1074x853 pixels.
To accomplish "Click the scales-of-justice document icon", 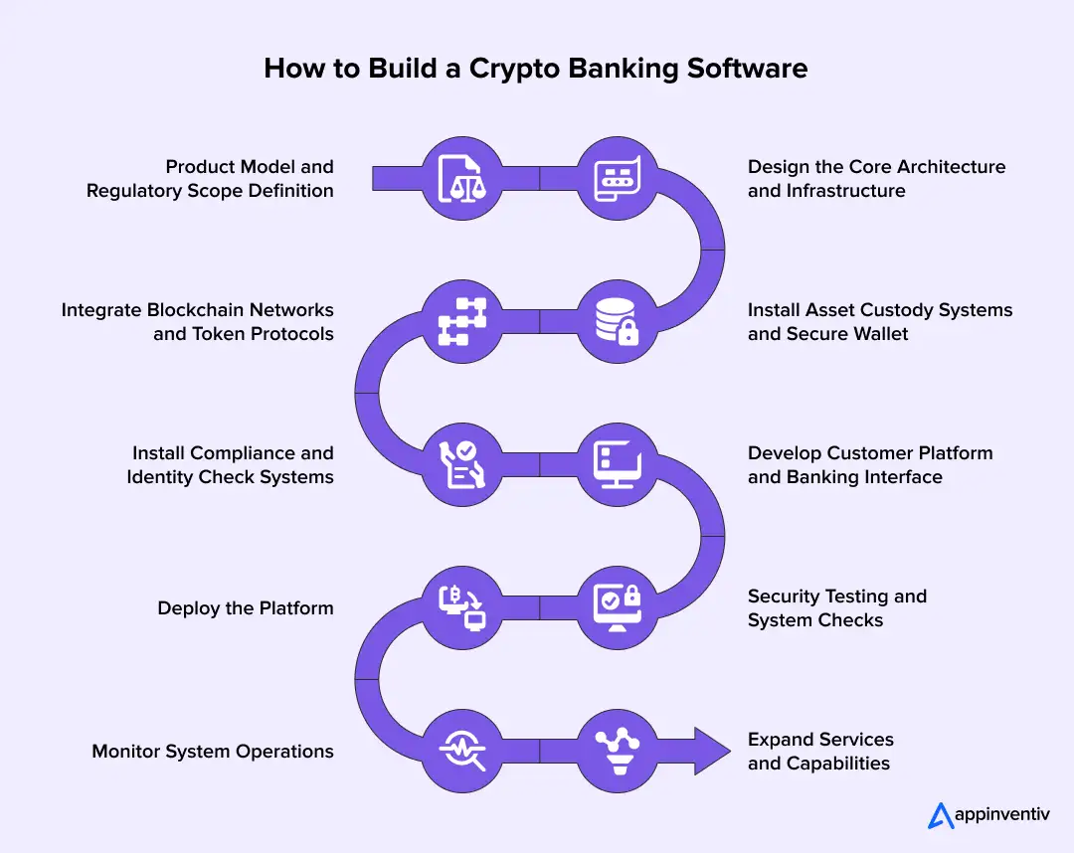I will coord(461,178).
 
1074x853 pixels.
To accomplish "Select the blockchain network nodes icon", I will coord(461,321).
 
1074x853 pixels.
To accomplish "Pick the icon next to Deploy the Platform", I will coord(461,607).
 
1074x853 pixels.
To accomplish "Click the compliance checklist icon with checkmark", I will coord(461,464).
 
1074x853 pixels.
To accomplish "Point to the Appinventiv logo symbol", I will coord(941,815).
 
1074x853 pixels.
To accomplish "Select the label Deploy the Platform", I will coord(245,608).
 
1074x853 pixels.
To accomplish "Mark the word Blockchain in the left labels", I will coord(203,310).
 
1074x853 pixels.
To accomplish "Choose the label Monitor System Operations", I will coord(213,752).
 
